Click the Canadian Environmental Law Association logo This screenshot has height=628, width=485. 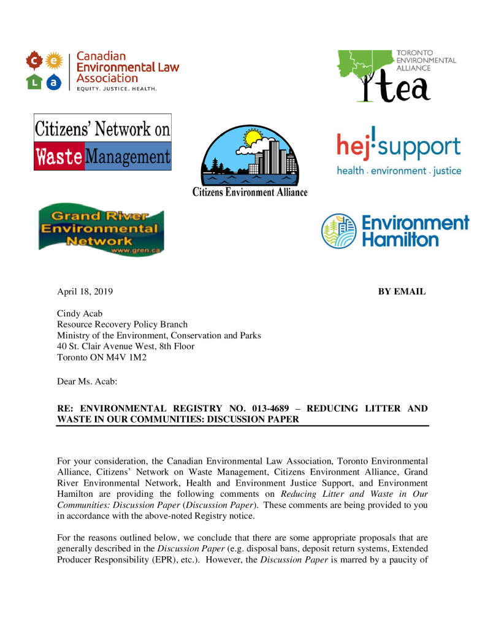coord(102,71)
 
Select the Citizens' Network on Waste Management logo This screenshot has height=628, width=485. coord(102,142)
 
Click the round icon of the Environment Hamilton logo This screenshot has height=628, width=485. coord(338,231)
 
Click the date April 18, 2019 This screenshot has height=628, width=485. coord(85,291)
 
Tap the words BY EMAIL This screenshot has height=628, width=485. coord(402,291)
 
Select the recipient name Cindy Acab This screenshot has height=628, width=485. coord(80,313)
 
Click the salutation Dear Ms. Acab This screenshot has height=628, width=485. coord(87,381)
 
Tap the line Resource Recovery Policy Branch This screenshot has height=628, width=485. coord(122,324)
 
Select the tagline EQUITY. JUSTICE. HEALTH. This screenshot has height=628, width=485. coord(116,89)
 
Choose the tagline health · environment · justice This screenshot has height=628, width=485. coord(399,171)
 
